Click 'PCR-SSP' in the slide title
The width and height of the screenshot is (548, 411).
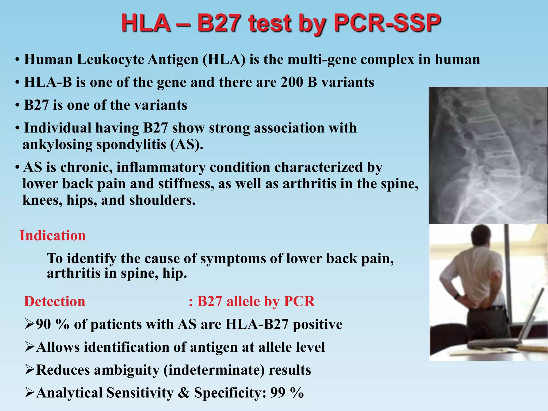coord(387,24)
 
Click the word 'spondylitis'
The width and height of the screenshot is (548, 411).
coord(131,144)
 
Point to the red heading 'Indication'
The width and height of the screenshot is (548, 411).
coord(52,235)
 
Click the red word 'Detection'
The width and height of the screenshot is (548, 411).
coord(55,301)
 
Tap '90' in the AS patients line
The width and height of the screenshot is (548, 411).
coord(43,324)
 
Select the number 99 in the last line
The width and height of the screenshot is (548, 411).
coord(278,393)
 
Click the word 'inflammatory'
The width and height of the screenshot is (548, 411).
coord(161,167)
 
